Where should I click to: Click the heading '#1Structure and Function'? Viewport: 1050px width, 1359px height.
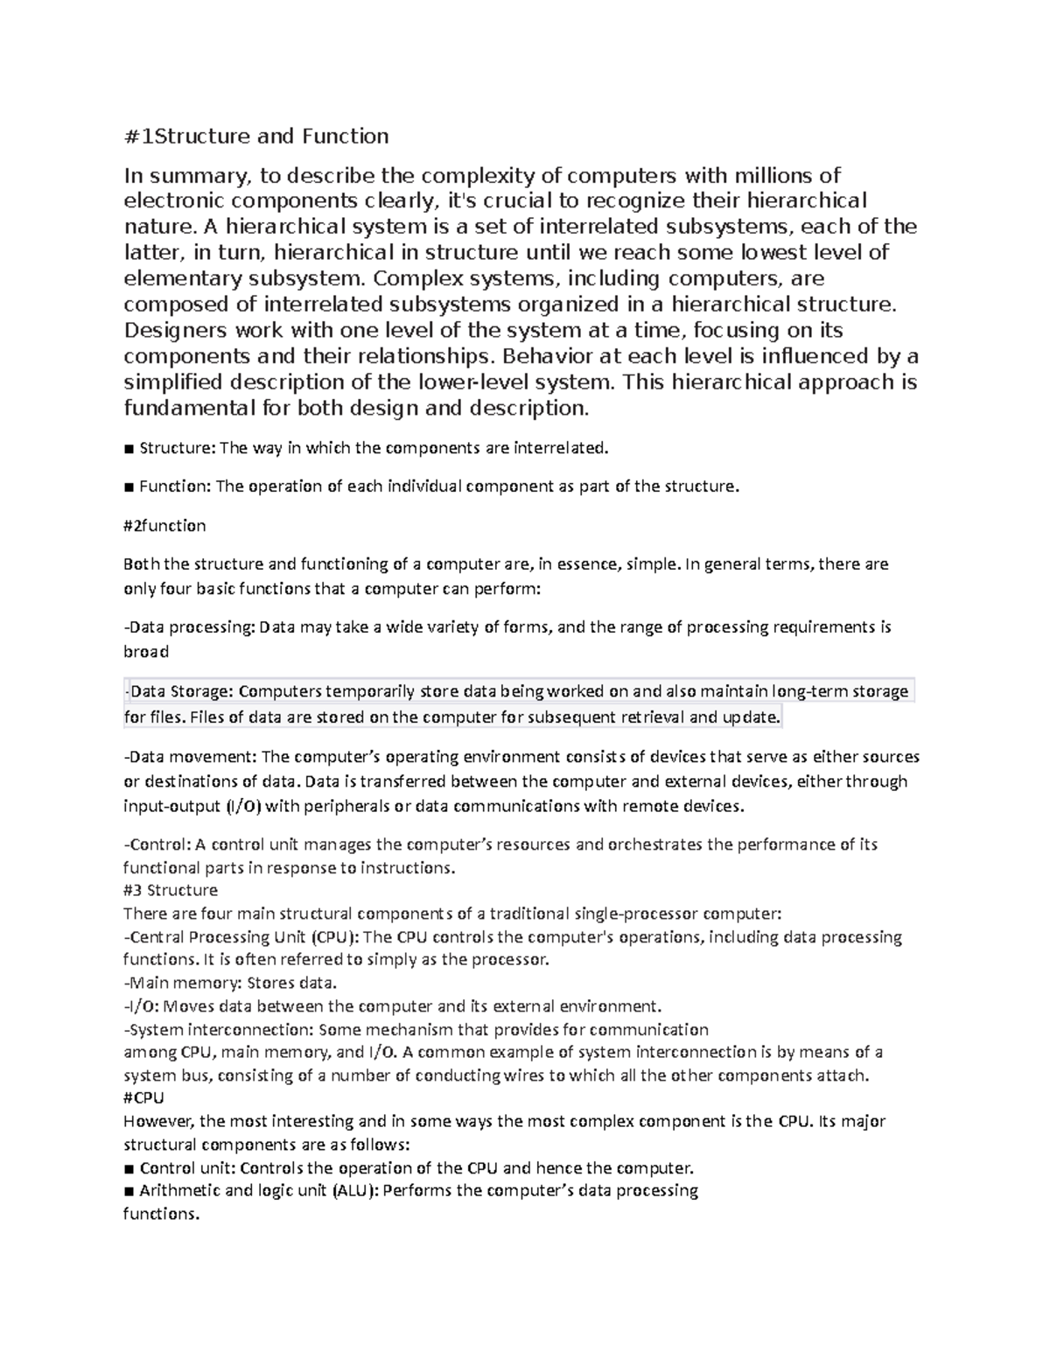coord(256,137)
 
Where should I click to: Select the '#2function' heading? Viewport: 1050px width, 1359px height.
coord(165,526)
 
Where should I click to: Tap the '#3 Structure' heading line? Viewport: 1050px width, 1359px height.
coord(171,891)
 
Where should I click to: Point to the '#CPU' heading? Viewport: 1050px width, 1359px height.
coord(144,1097)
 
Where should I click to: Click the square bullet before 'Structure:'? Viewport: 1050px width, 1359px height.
coord(129,449)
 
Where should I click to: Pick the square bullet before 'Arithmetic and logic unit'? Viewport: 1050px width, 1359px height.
coord(129,1191)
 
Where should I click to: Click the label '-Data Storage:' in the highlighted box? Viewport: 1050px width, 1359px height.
coord(179,691)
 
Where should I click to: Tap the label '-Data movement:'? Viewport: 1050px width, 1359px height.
coord(190,757)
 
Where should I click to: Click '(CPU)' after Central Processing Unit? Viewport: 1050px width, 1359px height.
coord(335,937)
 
